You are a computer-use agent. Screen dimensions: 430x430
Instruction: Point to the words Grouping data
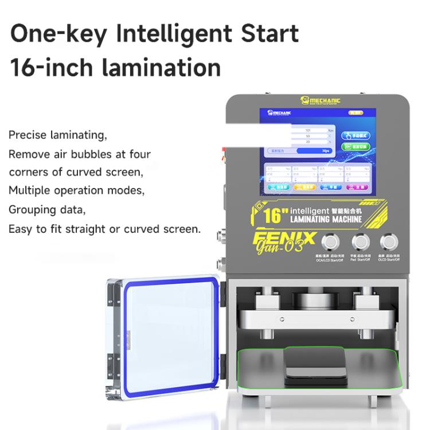click(47, 210)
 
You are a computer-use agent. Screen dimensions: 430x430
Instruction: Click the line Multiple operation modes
click(76, 190)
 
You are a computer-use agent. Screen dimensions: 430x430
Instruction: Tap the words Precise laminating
click(57, 135)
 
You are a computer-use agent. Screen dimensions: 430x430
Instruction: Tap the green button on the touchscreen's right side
click(356, 147)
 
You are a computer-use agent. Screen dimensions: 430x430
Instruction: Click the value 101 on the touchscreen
click(307, 131)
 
